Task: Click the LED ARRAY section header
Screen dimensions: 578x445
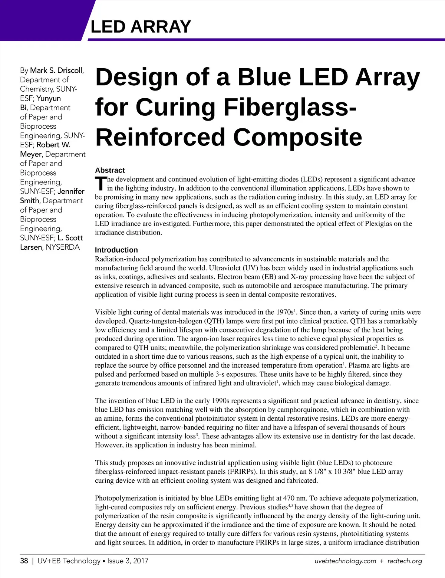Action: click(141, 27)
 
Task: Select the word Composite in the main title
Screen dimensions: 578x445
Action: click(297, 137)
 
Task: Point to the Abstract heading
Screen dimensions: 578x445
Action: click(110, 170)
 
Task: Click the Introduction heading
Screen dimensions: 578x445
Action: click(116, 250)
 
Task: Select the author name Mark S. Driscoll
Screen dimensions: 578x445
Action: click(56, 70)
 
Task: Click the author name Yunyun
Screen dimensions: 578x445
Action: click(49, 98)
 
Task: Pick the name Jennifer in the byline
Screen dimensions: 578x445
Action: click(71, 191)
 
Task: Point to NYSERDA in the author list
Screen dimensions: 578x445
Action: click(63, 247)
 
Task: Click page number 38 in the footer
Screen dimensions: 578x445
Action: click(24, 561)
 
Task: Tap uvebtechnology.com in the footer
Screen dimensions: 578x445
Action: click(345, 561)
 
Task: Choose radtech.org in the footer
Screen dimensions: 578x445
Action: click(405, 561)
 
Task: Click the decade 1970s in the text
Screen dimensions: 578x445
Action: click(285, 312)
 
